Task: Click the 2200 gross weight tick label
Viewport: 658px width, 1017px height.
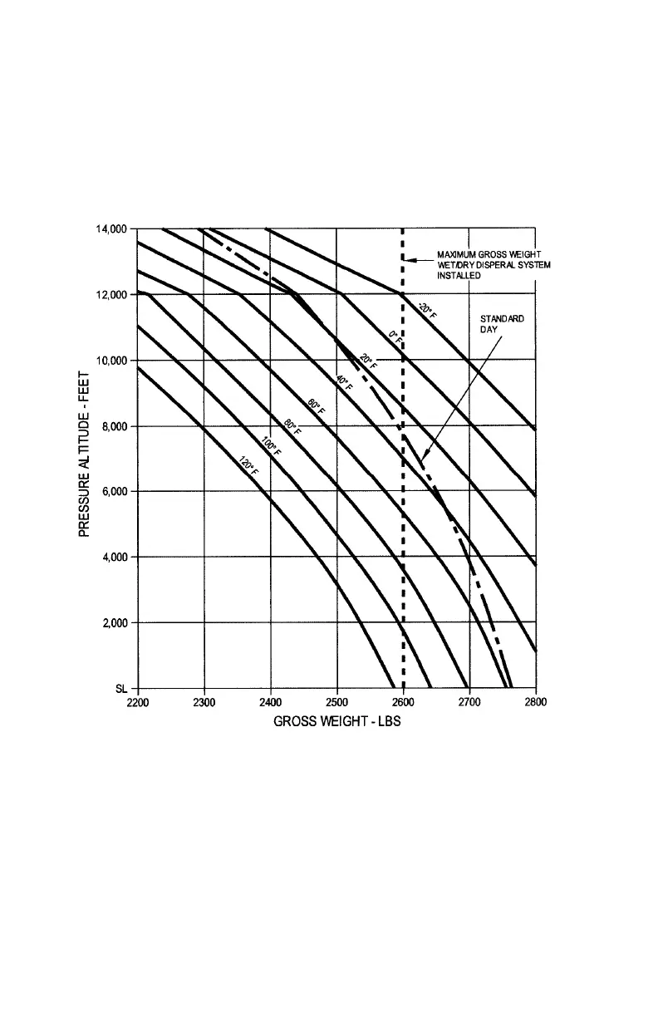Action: point(137,702)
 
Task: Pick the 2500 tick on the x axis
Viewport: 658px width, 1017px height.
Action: point(336,702)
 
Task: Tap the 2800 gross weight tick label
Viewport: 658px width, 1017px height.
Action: point(536,702)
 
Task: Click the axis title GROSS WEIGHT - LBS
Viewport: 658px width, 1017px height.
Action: point(337,721)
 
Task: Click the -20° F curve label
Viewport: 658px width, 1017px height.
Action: point(426,312)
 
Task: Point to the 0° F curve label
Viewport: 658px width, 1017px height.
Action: point(395,339)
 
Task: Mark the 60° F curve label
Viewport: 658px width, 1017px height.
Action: point(316,408)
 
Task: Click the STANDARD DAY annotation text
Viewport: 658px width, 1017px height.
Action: point(501,323)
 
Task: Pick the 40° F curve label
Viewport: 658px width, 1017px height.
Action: point(343,384)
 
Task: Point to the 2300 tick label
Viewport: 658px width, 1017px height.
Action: point(204,702)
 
